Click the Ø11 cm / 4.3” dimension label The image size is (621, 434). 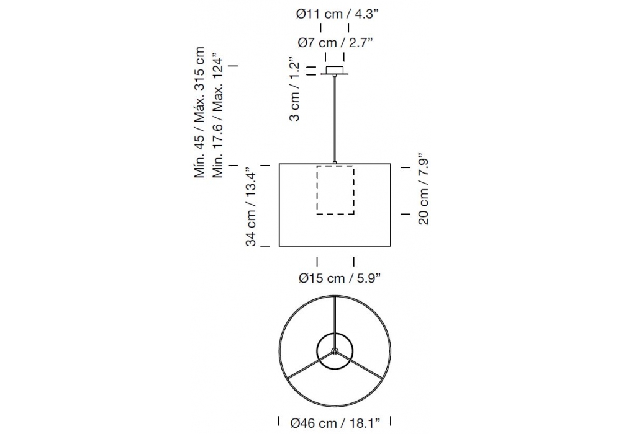337,14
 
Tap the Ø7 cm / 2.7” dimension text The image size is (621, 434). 335,42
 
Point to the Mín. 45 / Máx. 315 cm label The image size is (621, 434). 199,113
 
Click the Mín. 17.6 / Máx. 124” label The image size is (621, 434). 218,115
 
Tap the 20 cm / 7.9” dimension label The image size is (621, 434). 424,189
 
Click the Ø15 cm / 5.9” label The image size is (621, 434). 340,278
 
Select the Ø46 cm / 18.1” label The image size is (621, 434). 335,423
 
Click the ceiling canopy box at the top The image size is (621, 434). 335,70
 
